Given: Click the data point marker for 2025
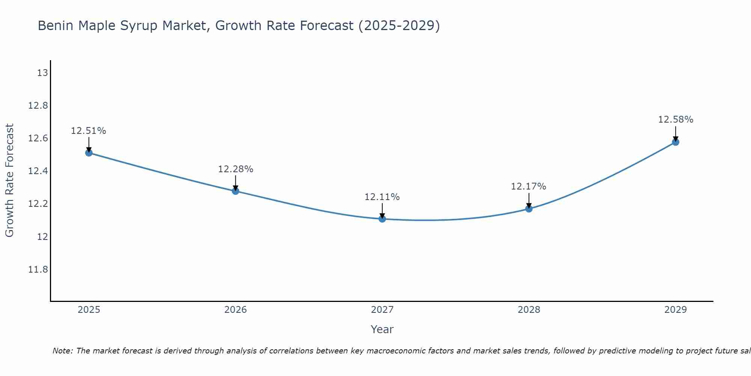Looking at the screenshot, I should coord(89,153).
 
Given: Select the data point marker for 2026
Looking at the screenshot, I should coord(235,191).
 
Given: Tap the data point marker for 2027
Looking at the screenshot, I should coord(382,219).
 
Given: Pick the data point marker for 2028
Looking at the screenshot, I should coord(529,209).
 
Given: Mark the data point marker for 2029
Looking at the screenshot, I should coord(676,142).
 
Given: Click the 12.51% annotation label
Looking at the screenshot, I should coord(89,131).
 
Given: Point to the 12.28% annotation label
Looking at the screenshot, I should coord(235,169).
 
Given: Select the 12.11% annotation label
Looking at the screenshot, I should coord(382,197).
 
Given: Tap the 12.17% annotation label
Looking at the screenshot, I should coord(529,186).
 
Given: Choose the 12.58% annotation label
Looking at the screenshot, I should coord(676,120).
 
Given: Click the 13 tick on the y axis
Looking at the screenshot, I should coord(42,73).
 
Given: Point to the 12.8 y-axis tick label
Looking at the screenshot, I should coord(38,106).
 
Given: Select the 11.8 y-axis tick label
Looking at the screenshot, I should coord(38,270).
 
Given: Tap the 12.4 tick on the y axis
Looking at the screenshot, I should coord(38,171).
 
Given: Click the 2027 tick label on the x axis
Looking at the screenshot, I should coord(382,310).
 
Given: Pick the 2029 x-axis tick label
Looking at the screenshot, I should coord(676,310).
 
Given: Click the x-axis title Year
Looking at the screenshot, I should coord(382,329).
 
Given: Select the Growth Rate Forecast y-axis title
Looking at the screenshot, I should coord(9,180).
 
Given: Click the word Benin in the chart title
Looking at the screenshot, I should coord(53,26).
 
